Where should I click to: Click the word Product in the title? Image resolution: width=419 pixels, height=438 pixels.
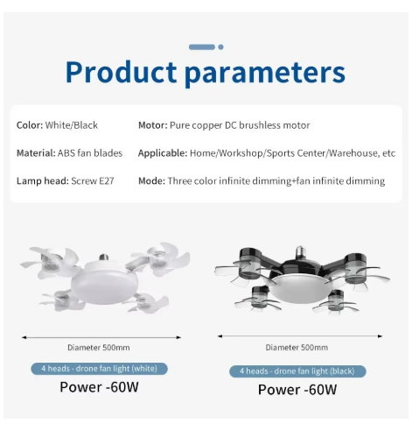click(121, 72)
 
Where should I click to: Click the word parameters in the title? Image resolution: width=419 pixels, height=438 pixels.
click(265, 74)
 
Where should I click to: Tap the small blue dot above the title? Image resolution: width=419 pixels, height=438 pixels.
click(220, 47)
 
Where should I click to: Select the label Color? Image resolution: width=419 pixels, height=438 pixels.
click(30, 125)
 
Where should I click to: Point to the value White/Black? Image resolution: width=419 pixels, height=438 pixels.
click(72, 125)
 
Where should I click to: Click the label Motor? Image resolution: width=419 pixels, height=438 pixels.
click(153, 125)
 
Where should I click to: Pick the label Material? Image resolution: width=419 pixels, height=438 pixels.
click(36, 153)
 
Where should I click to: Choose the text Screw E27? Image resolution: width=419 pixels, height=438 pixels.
click(93, 181)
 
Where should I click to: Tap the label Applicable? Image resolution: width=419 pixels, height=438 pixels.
click(163, 153)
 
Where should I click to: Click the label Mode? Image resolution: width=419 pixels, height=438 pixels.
click(151, 181)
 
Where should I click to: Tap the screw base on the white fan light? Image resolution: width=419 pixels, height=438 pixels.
click(103, 258)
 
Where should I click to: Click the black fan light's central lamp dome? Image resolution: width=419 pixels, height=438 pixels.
click(300, 288)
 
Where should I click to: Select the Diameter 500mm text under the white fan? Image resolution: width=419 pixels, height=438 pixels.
click(99, 348)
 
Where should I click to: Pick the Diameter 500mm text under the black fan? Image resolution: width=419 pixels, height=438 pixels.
click(297, 348)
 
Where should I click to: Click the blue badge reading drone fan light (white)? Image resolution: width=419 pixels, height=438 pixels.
click(99, 369)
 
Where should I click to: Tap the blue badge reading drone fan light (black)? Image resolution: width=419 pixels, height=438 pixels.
click(297, 371)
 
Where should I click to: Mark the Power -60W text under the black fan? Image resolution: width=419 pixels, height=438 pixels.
click(297, 390)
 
